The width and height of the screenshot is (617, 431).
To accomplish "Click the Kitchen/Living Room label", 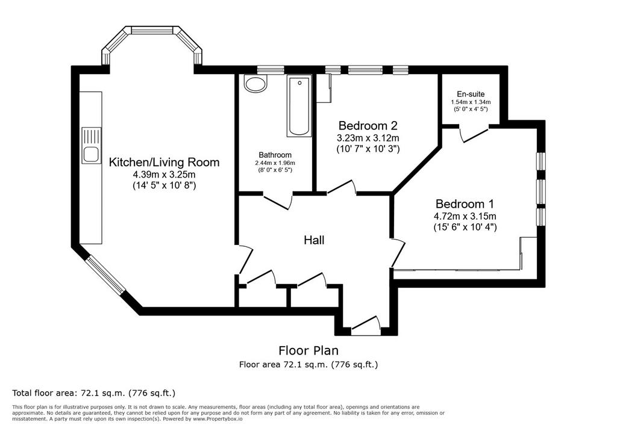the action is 164,162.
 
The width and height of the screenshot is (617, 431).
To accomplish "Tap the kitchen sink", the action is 92,145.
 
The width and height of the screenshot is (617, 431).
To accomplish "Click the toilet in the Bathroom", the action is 255,83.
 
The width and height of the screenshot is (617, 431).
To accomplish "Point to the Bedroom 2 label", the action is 368,125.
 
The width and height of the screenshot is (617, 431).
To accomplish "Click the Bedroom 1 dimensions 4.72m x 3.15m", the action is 465,216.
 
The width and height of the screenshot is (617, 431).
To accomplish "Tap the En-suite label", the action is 471,94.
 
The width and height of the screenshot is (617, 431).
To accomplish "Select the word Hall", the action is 314,240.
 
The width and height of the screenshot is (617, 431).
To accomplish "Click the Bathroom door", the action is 277,201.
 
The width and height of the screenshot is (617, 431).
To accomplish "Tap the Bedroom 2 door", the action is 342,187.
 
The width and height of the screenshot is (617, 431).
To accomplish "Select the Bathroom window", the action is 271,70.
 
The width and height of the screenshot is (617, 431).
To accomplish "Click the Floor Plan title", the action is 308,350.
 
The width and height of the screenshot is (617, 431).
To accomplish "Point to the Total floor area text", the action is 93,393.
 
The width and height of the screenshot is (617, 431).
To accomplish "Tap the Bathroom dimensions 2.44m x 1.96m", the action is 275,163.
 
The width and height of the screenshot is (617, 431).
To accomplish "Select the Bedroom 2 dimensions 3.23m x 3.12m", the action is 368,138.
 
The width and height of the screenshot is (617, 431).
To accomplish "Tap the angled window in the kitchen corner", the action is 105,274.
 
